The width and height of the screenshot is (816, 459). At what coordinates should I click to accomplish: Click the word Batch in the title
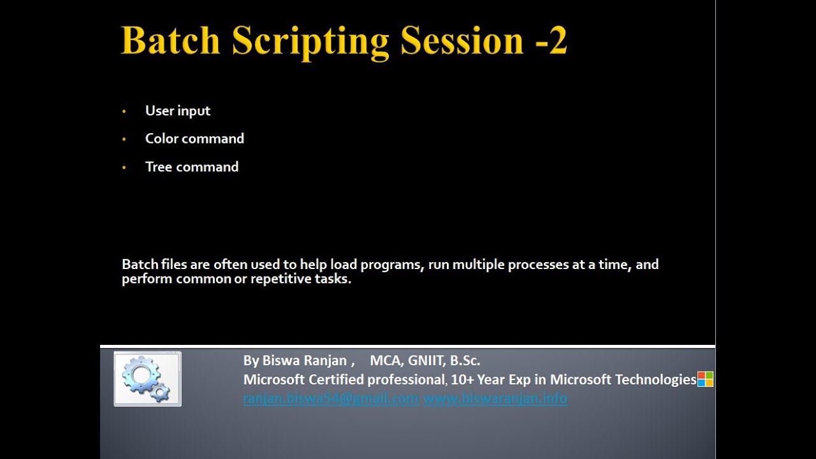coord(170,41)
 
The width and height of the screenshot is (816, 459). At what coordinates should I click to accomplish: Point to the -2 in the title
coord(550,41)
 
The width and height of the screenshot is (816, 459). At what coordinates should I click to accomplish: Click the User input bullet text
coord(177,111)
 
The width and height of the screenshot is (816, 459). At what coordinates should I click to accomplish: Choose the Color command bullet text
coord(194,139)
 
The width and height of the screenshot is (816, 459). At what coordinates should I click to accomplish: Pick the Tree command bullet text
coord(191,167)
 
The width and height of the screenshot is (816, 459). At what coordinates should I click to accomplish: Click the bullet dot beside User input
coord(124,112)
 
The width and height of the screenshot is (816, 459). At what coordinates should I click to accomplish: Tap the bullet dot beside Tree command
coord(124,168)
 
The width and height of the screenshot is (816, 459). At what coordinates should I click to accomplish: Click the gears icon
coord(147,379)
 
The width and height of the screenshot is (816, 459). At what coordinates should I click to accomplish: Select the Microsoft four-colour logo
coord(705,379)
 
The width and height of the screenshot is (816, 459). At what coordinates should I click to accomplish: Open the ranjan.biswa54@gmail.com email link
coord(330,399)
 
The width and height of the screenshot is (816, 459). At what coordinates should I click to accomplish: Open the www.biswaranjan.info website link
coord(495,399)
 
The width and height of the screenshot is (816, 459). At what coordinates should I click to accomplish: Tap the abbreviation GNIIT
coord(424,361)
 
